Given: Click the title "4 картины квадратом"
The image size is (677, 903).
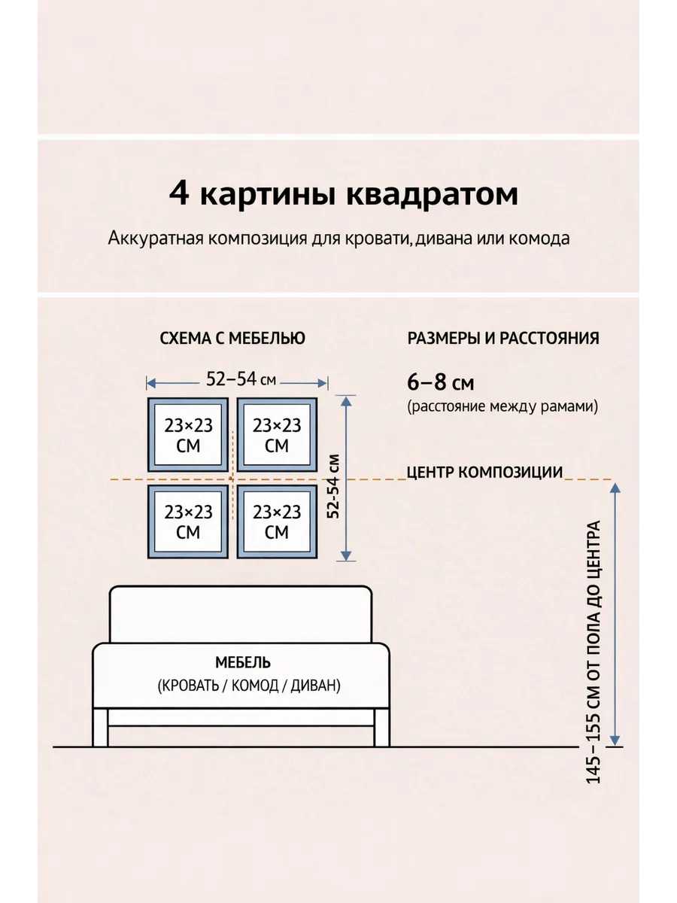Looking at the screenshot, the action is [343, 193].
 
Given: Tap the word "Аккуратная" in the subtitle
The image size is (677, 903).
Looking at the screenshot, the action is [154, 239].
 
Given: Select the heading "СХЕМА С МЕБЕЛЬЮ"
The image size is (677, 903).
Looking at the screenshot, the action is [232, 339].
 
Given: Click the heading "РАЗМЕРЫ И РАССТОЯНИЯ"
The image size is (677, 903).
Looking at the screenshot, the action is [502, 339].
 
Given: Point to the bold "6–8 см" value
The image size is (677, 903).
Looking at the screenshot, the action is [440, 382].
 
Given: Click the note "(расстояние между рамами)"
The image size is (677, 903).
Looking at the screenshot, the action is [502, 407].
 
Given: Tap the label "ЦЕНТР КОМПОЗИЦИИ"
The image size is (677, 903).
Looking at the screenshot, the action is [484, 473].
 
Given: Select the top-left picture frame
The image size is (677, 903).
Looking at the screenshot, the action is [188, 435].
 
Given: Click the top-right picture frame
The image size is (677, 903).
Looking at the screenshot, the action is [277, 435].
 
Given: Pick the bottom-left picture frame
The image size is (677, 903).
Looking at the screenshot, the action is [188, 521].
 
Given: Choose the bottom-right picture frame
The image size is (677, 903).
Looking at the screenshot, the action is [277, 521].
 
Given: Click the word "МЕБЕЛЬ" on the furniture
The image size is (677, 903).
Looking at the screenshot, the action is [242, 663].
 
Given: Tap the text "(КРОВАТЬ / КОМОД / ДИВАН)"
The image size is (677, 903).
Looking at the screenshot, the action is [248, 686].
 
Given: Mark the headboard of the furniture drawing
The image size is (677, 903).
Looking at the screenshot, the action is [241, 613].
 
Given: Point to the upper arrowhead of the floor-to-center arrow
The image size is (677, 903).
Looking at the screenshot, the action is [615, 488].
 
